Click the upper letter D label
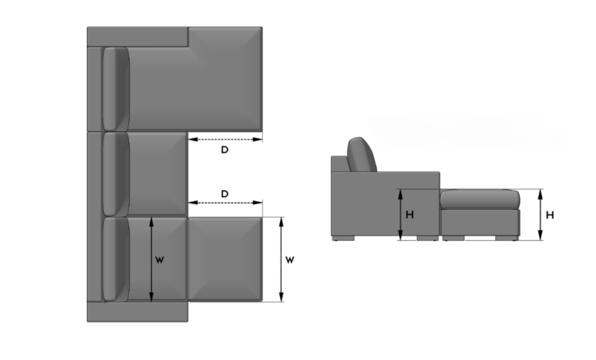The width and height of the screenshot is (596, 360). click(x=224, y=149)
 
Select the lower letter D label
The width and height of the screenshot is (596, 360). click(x=224, y=193)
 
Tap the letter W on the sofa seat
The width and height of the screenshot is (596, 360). click(x=160, y=259)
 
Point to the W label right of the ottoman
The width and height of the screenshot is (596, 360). click(x=290, y=259)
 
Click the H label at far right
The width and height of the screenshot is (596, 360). click(x=550, y=214)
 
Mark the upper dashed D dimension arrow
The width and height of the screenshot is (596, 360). click(x=224, y=139)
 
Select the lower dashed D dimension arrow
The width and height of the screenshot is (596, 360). click(x=224, y=204)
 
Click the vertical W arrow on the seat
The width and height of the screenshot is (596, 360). click(x=152, y=259)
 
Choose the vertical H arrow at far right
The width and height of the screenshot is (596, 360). click(x=540, y=214)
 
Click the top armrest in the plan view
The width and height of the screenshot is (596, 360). click(x=137, y=36)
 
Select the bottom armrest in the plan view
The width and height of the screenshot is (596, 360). click(x=138, y=311)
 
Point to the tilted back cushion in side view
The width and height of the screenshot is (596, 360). click(x=361, y=154)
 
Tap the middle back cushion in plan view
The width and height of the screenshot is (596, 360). click(x=116, y=173)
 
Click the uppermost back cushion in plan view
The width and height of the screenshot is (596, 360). click(x=116, y=88)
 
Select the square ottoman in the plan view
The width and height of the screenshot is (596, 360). click(x=224, y=259)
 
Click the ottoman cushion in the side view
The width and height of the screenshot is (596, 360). click(x=479, y=199)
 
